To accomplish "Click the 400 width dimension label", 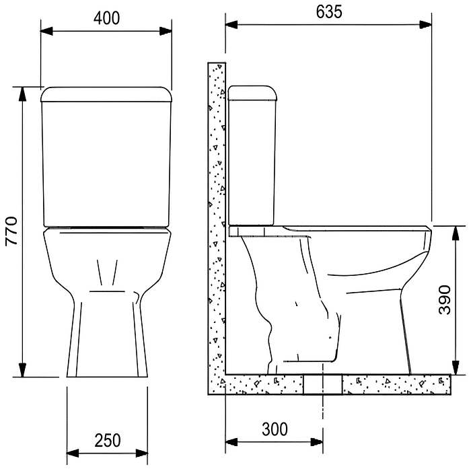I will [106, 18].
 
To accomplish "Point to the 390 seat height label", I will [445, 299].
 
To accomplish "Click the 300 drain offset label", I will [274, 429].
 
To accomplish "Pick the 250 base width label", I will [108, 441].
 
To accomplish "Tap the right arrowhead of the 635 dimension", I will [425, 25].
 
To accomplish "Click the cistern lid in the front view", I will [106, 93].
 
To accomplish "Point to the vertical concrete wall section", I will [216, 202].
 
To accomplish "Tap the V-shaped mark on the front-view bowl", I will [107, 272].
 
